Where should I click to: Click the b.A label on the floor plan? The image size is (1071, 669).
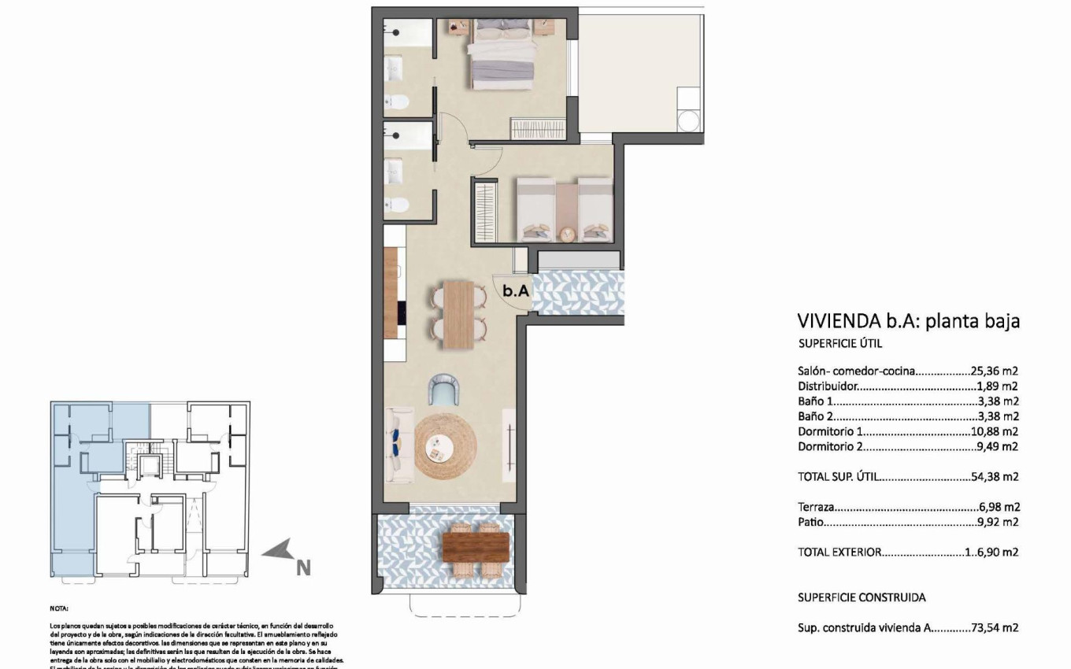coord(516,290)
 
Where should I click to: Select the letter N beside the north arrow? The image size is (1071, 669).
coord(303,566)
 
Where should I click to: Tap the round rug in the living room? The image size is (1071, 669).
coord(445,447)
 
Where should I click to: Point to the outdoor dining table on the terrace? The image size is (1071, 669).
coord(475,547)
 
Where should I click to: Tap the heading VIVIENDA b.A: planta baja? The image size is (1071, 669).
coord(909,321)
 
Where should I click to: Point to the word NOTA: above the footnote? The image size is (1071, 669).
coord(59,608)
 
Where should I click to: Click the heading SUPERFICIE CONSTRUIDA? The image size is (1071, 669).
coord(862,597)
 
